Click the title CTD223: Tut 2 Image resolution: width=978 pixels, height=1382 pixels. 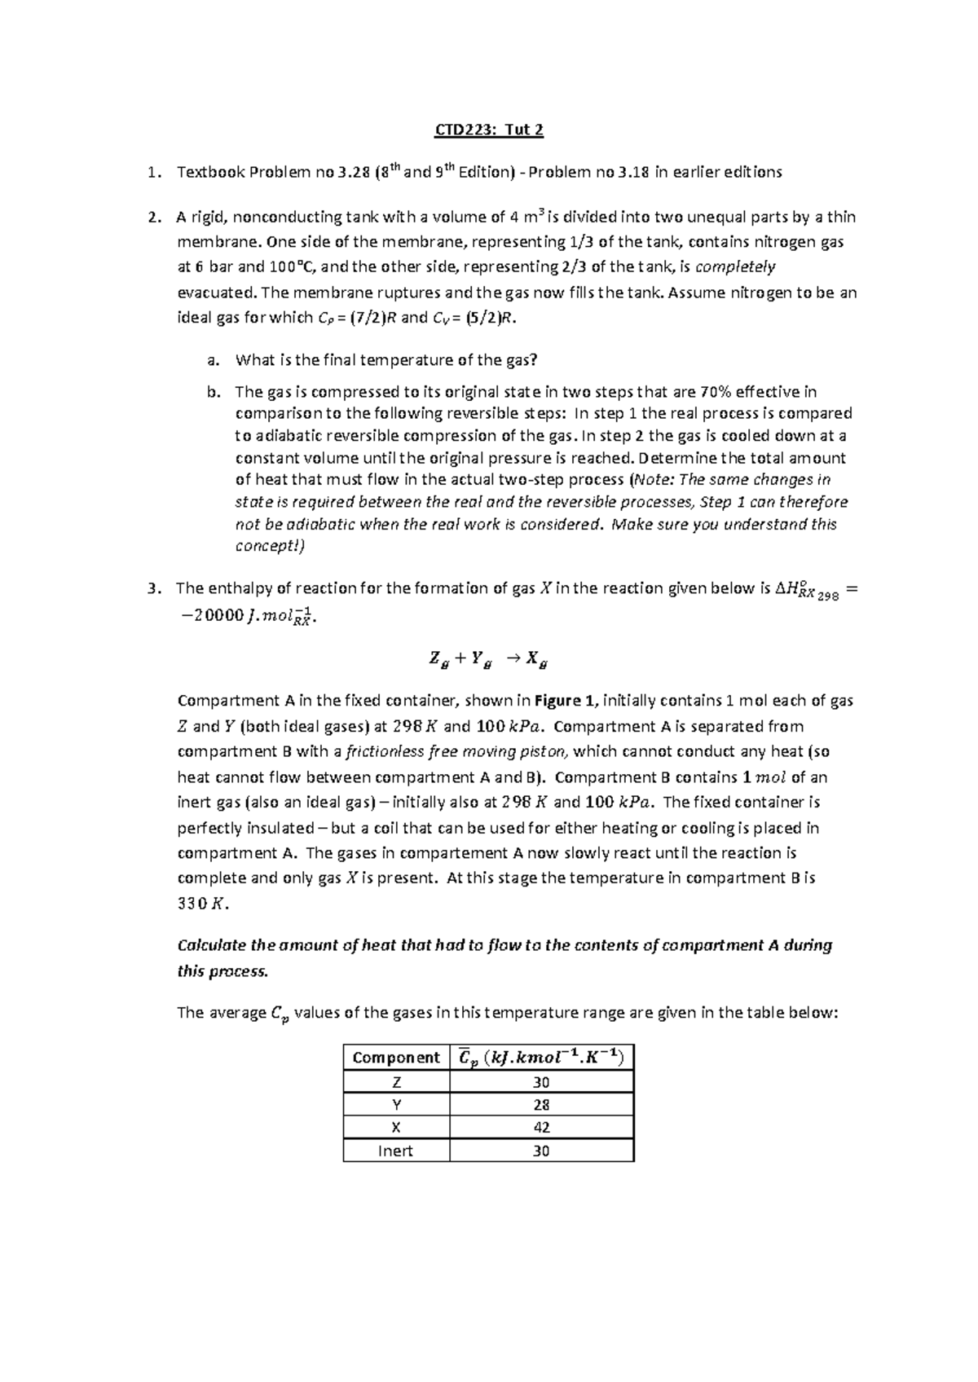pos(488,130)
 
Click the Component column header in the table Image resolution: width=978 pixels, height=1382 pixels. pos(395,1058)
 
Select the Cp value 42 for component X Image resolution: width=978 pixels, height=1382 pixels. pos(541,1128)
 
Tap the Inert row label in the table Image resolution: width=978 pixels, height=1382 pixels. pos(395,1151)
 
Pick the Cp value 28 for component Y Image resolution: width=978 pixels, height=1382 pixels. pos(541,1105)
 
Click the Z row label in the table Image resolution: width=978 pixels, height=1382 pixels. pos(395,1082)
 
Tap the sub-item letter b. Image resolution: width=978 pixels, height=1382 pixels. pos(214,392)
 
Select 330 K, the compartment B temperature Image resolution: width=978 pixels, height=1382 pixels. pos(199,903)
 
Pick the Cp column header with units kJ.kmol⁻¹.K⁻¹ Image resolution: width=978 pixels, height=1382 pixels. pos(541,1058)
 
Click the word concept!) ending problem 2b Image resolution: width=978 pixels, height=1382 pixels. pos(269,546)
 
